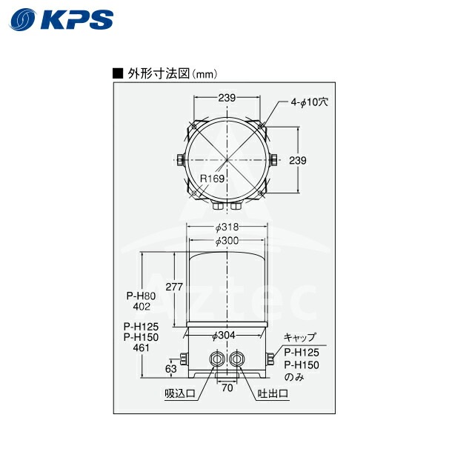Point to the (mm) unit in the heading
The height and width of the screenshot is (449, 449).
pyautogui.click(x=204, y=73)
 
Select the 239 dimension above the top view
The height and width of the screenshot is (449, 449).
pyautogui.click(x=228, y=96)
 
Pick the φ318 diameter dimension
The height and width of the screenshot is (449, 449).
pyautogui.click(x=227, y=227)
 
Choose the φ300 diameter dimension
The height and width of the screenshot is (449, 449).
pyautogui.click(x=227, y=242)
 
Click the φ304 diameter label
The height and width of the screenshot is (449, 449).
pyautogui.click(x=224, y=336)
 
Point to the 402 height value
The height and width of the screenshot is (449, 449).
pyautogui.click(x=142, y=305)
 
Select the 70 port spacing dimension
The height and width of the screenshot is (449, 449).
pyautogui.click(x=227, y=387)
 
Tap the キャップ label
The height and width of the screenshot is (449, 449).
pyautogui.click(x=299, y=336)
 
